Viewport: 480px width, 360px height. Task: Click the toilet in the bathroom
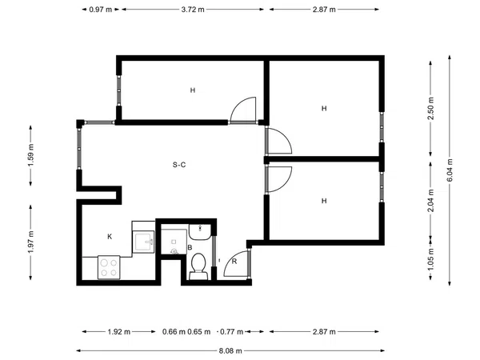tap(198, 266)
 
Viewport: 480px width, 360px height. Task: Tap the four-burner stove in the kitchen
tap(109, 267)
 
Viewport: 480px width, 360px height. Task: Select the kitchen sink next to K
tap(143, 242)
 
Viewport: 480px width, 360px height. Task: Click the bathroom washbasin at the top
tap(200, 232)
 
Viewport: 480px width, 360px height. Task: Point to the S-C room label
tap(179, 165)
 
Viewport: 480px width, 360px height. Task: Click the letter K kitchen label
tap(110, 237)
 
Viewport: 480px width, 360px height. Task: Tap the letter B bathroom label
tap(190, 247)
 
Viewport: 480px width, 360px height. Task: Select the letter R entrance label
tap(234, 262)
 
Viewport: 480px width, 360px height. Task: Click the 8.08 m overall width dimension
tap(230, 351)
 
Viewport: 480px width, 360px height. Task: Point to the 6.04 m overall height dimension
tap(450, 170)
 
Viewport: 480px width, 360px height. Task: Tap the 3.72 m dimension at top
tap(193, 10)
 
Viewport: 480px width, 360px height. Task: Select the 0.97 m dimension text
tap(101, 10)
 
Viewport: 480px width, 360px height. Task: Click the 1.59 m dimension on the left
tap(30, 155)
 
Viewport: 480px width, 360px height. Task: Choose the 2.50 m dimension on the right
tap(430, 109)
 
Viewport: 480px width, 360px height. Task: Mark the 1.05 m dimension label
tap(430, 259)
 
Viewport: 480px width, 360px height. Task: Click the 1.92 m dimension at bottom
tap(119, 331)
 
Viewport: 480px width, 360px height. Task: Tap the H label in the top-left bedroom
tap(193, 90)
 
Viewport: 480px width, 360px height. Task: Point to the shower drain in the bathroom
tap(174, 252)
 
